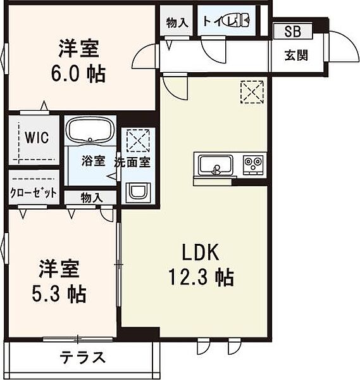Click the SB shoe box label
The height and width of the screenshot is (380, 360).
coord(293,32)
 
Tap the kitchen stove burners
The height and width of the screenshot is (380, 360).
coord(254,165)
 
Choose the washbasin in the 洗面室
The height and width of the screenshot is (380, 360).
coord(136,192)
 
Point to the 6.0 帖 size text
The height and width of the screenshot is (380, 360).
coord(78,73)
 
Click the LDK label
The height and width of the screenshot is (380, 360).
coord(201,253)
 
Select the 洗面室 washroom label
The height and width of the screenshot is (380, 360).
coord(132,161)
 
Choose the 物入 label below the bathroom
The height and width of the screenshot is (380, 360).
coord(91,198)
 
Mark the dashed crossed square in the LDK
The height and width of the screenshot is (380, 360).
coord(252,92)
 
